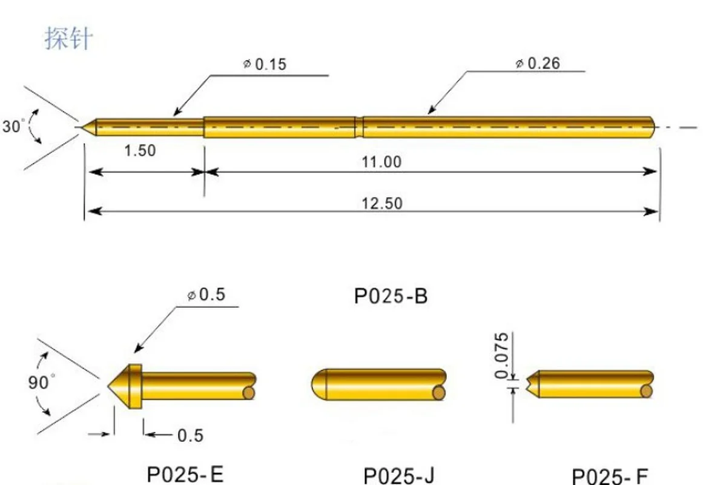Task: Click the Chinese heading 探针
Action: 68,38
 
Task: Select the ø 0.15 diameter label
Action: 265,64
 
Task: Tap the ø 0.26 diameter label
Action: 538,63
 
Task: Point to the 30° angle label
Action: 13,125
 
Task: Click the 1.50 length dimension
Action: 140,150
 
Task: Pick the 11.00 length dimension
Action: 381,162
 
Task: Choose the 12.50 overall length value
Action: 382,204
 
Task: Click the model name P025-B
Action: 391,296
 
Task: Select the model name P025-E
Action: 185,473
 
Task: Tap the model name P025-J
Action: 398,475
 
